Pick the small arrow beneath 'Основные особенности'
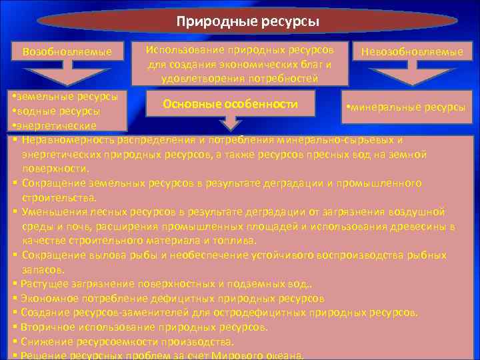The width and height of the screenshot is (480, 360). point(231,121)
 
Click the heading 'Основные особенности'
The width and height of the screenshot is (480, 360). point(231,105)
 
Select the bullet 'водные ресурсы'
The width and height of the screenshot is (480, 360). point(57,111)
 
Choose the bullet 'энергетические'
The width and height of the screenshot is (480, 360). point(55,125)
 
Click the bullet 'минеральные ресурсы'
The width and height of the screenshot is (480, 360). point(403,107)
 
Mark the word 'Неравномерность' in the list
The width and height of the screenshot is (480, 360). point(67,140)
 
